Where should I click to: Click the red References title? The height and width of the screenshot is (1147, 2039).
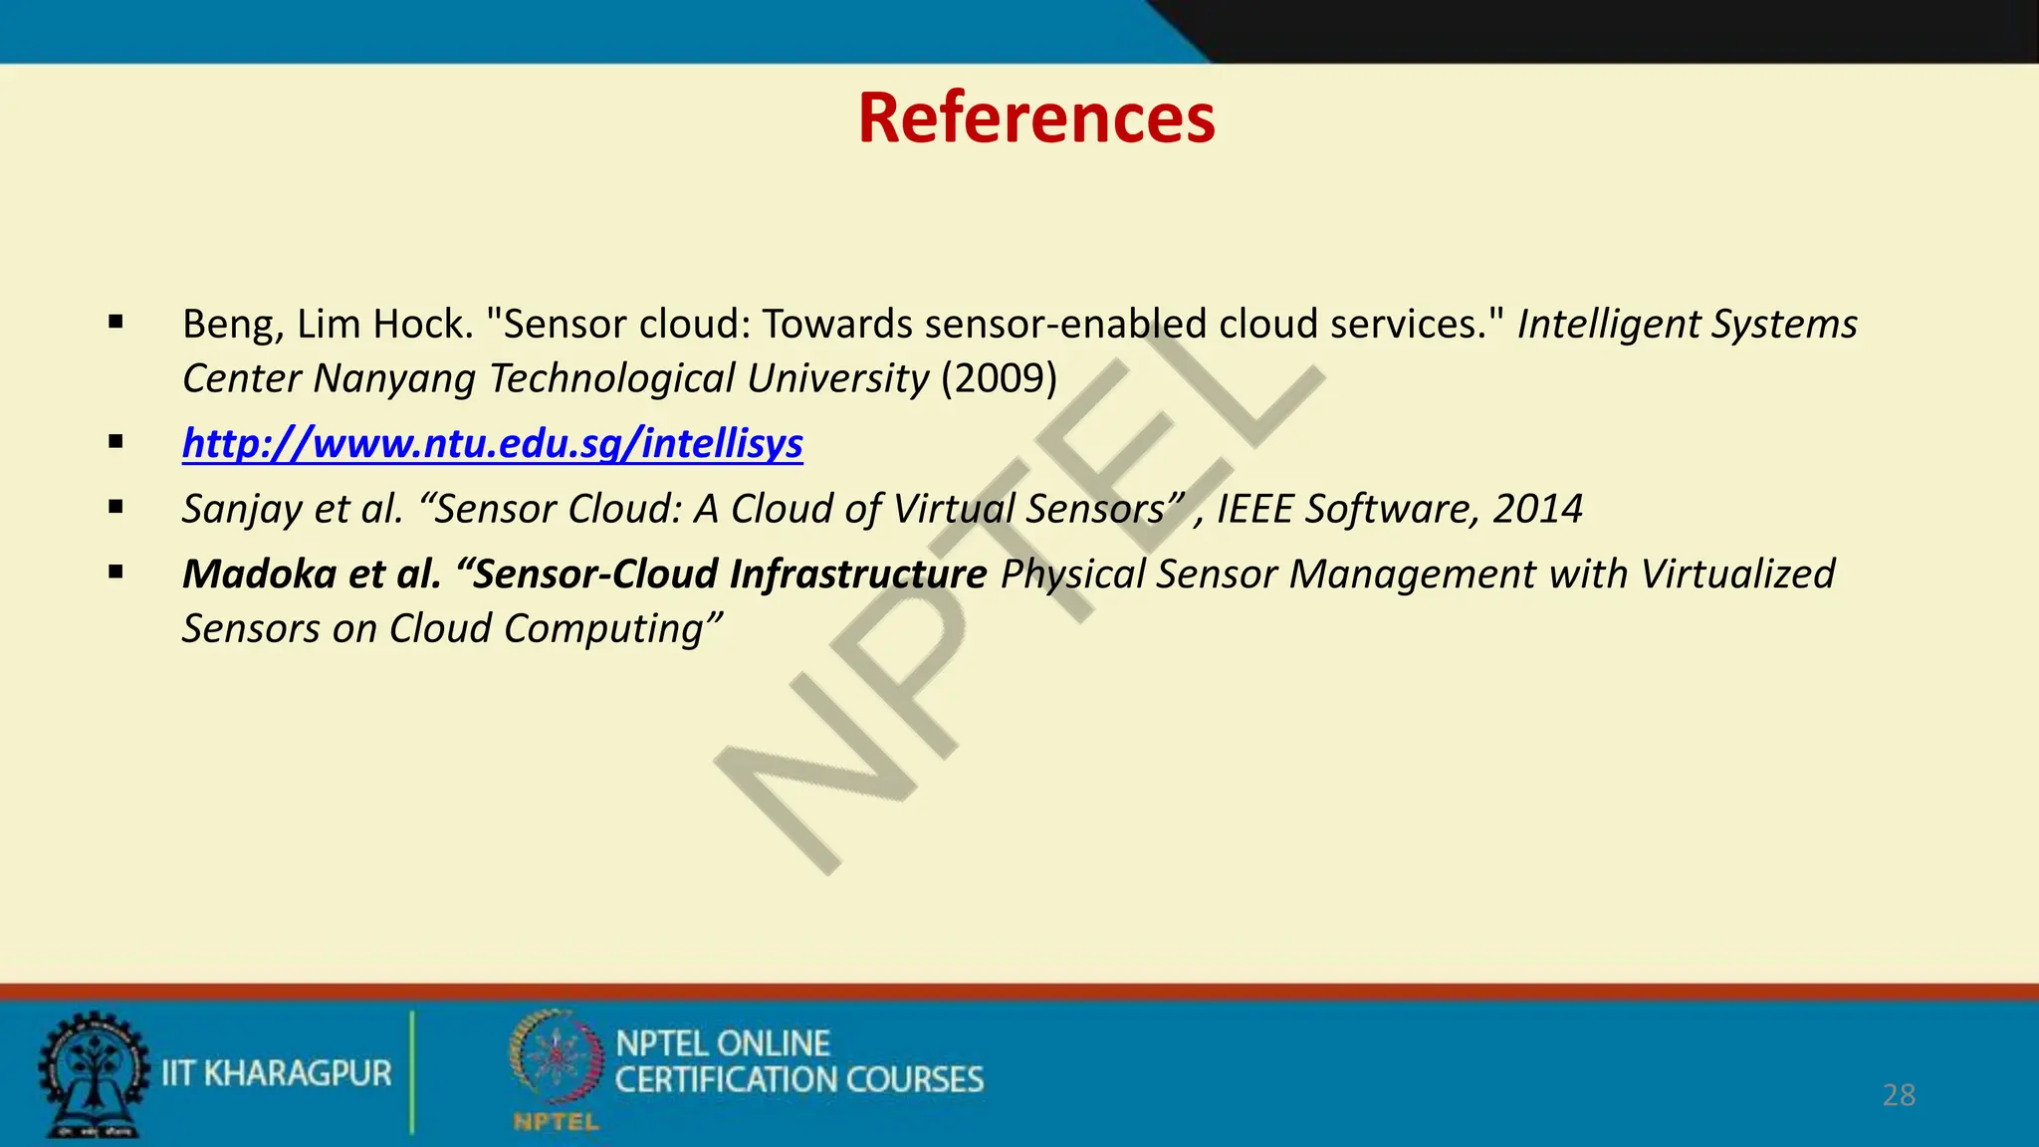coord(1035,117)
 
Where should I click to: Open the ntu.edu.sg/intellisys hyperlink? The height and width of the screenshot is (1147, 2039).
coord(492,443)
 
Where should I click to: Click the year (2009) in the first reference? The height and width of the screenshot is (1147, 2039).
coord(999,378)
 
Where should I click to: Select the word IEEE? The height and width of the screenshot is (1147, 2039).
coord(1255,509)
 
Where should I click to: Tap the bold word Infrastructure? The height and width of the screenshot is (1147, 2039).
coord(857,574)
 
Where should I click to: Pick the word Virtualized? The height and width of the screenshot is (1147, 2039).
coord(1737,574)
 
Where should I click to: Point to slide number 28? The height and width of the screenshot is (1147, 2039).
coord(1899,1095)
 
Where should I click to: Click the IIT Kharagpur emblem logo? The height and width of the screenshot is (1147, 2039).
coord(93,1074)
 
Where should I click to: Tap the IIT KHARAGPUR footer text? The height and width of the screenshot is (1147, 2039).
coord(277,1073)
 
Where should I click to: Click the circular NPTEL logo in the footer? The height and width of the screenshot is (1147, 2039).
coord(556,1058)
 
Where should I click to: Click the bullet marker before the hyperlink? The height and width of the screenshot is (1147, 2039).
coord(116,441)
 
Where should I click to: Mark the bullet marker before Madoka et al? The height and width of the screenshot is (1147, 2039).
coord(116,572)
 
